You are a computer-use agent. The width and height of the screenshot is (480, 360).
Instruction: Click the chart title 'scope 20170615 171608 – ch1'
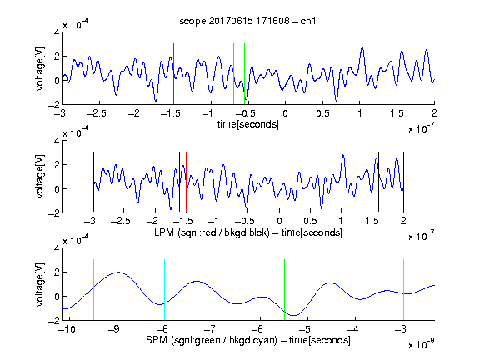(247, 21)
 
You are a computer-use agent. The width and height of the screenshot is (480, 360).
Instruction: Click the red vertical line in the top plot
(173, 74)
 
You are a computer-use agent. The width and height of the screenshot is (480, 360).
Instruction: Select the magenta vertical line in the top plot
(397, 74)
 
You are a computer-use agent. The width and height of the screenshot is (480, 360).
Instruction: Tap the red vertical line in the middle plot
(186, 182)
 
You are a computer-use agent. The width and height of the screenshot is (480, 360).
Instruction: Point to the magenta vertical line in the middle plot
(372, 182)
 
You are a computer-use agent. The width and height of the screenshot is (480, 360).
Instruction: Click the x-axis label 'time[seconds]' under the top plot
(248, 124)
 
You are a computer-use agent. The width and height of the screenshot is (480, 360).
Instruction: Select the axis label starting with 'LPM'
(248, 232)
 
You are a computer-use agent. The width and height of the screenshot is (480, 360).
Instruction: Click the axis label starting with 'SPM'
(248, 340)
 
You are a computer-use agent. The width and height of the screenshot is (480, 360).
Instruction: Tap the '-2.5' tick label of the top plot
(96, 113)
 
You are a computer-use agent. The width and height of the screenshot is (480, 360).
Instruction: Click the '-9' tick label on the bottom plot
(115, 329)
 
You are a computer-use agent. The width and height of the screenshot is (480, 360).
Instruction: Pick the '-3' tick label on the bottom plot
(402, 329)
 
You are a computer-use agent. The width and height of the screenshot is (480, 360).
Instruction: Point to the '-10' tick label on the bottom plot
(67, 329)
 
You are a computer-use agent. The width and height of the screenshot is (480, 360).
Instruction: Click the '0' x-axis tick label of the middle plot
(279, 221)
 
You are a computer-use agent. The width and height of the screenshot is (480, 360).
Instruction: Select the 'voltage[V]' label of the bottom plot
(40, 284)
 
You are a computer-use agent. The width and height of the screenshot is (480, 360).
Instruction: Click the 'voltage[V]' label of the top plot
(40, 68)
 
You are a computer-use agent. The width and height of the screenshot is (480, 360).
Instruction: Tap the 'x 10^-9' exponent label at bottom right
(421, 343)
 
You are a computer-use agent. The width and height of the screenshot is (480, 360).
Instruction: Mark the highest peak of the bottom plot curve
(119, 272)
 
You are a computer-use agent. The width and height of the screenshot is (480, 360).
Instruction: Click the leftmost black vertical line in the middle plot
(93, 182)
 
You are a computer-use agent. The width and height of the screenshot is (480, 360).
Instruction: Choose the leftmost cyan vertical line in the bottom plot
(93, 290)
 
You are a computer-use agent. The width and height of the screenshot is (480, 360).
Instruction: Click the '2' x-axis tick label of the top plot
(434, 113)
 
